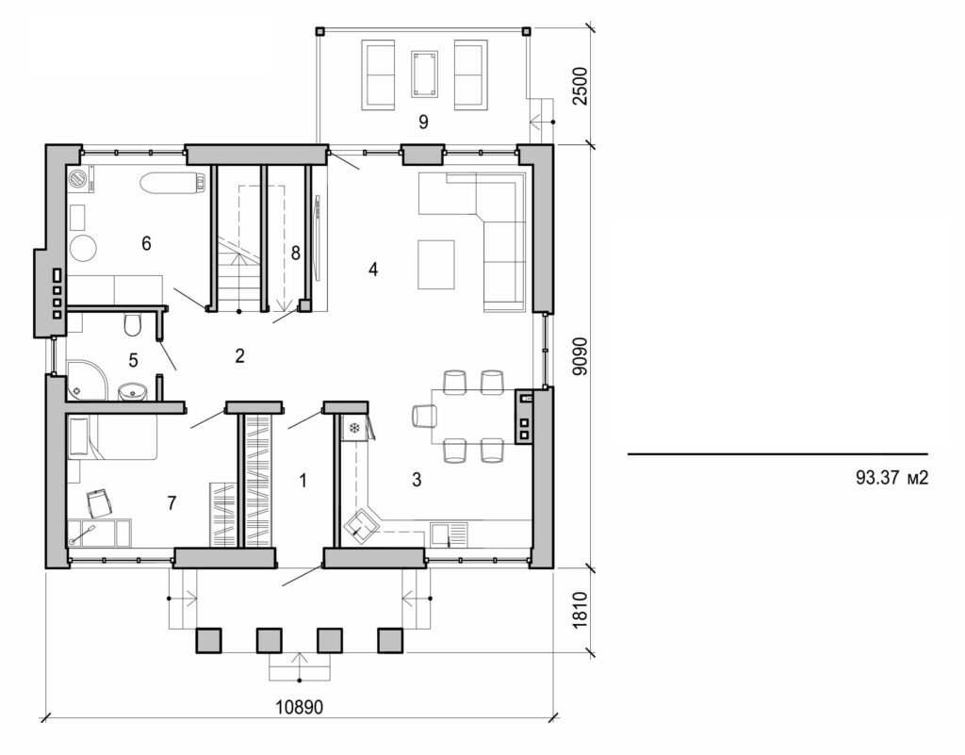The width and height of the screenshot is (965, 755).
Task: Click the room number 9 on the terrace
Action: tap(423, 122)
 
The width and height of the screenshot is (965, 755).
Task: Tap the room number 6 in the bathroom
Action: tap(146, 243)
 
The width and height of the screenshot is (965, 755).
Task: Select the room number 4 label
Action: tap(373, 270)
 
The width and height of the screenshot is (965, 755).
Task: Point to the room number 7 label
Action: tap(171, 503)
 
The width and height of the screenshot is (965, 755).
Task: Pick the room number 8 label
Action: tap(295, 253)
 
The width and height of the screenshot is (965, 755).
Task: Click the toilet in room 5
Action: tap(133, 325)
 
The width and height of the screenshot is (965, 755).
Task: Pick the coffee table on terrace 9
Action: tap(424, 74)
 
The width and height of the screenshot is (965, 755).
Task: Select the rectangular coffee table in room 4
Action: tap(435, 265)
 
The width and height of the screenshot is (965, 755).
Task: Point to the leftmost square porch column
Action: tap(208, 641)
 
